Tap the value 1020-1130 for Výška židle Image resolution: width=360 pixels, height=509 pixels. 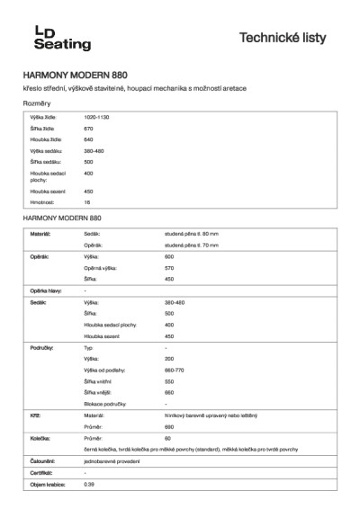(96, 118)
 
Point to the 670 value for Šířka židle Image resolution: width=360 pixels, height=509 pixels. (88, 129)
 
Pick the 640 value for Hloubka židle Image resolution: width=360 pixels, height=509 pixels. (88, 139)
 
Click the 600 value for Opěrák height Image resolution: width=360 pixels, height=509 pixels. (168, 256)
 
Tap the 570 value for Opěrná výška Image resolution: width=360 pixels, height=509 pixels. (168, 268)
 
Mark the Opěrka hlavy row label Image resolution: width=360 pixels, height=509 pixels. (45, 290)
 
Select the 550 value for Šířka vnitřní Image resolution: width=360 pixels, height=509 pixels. (168, 381)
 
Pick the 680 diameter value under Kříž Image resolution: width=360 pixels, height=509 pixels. (168, 426)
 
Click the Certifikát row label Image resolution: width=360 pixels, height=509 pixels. (40, 472)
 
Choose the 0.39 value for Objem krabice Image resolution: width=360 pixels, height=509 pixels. (89, 484)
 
